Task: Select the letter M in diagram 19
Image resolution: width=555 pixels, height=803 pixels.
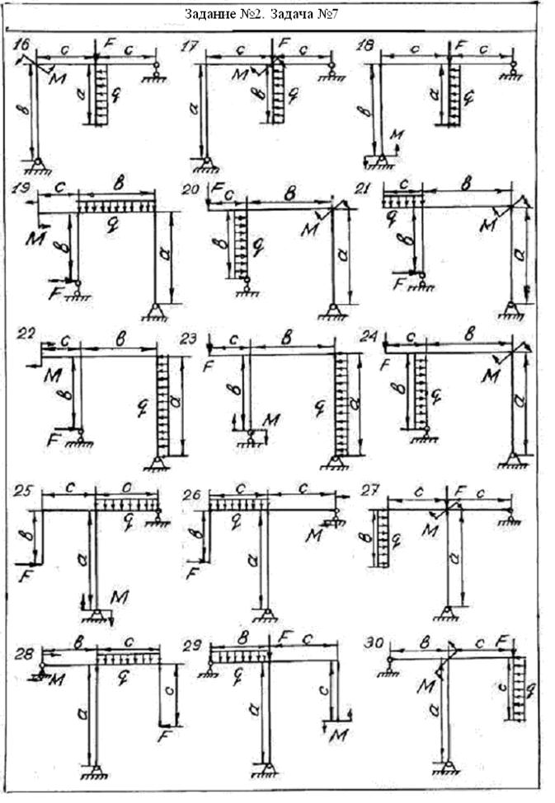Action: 35,238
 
